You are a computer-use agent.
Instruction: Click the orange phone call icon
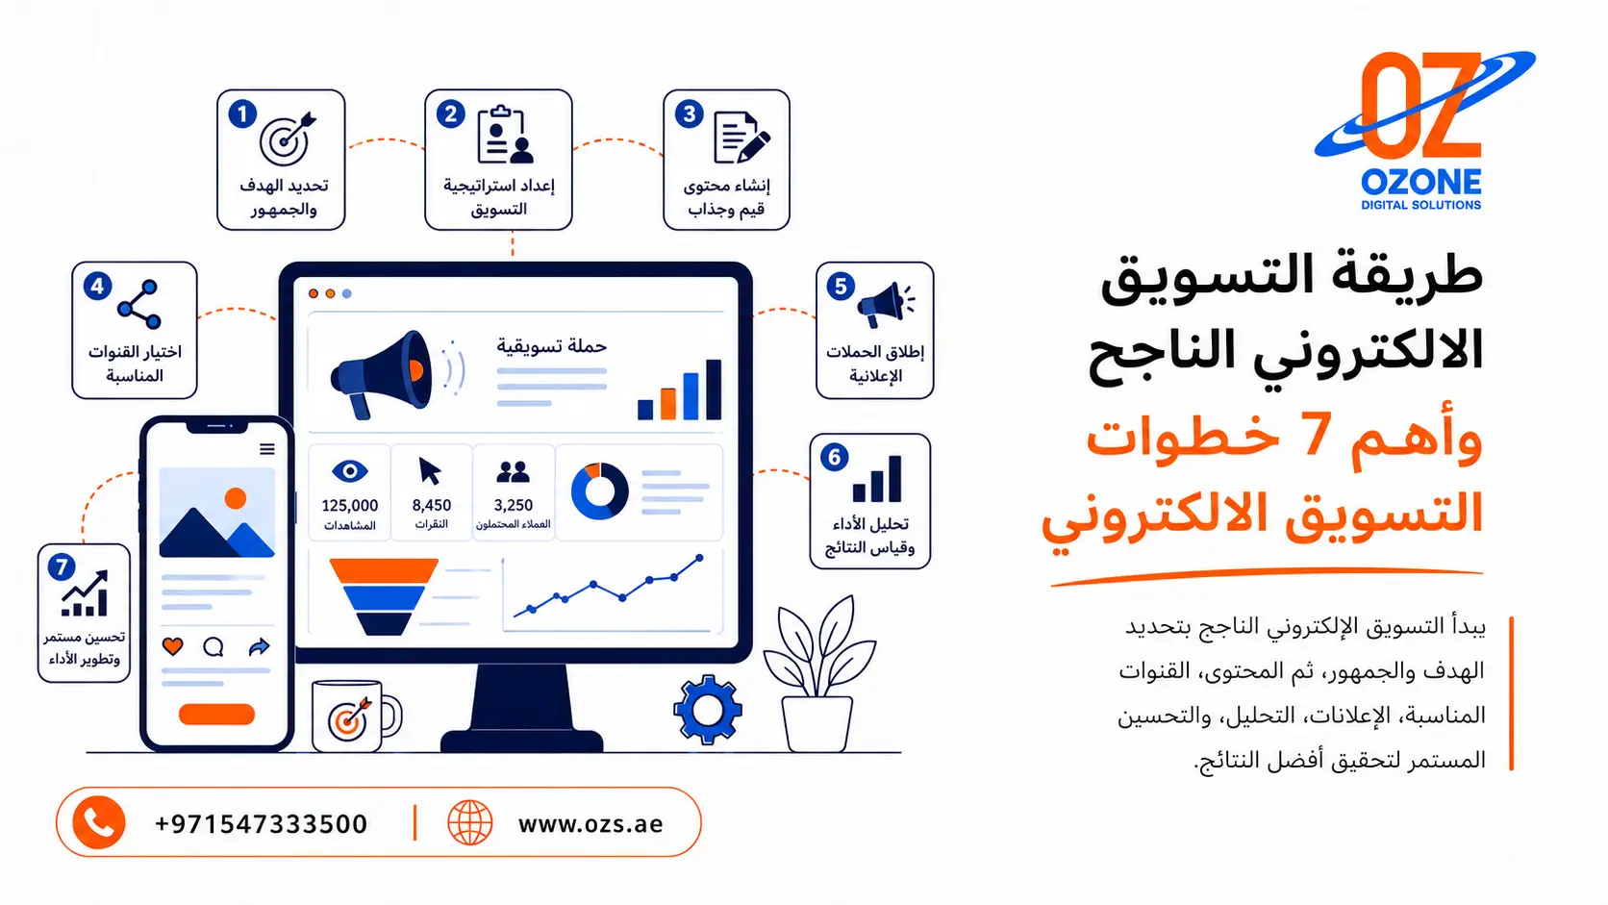point(99,822)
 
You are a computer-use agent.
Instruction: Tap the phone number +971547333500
point(262,824)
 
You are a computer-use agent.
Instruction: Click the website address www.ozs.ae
point(590,824)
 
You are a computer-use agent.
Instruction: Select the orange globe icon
point(470,822)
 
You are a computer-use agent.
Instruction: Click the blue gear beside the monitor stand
point(708,710)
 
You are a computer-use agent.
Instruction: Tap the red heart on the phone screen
point(173,646)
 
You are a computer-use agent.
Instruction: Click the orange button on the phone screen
point(216,715)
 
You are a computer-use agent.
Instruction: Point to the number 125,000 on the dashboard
point(350,505)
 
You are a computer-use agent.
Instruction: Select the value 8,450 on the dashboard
point(432,505)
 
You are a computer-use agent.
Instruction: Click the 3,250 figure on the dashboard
point(514,505)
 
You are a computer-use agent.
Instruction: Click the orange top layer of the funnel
point(384,570)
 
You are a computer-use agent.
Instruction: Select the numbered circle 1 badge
point(242,114)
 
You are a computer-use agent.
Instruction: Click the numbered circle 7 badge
point(62,567)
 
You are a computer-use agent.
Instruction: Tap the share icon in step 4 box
point(139,304)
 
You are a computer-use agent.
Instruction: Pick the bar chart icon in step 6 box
point(876,479)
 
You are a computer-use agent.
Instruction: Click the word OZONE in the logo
point(1420,183)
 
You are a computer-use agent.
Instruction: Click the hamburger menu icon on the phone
point(267,449)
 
